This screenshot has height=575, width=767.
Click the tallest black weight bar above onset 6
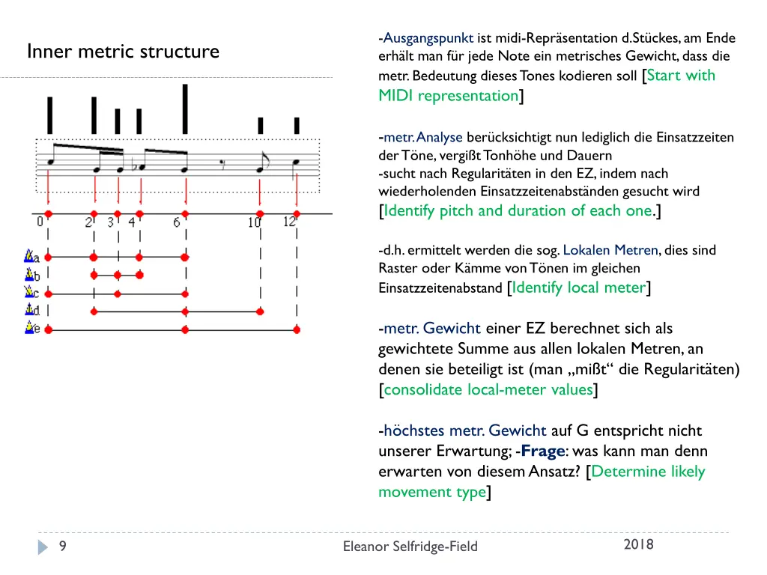click(185, 109)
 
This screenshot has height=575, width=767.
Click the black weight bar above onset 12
click(297, 125)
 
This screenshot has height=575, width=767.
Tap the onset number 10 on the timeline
click(255, 222)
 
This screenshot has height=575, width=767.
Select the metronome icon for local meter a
click(31, 257)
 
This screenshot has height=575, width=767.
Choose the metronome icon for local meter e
click(31, 328)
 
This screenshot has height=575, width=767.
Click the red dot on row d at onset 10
click(260, 311)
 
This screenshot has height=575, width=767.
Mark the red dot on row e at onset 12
click(297, 329)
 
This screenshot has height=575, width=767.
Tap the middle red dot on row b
click(118, 275)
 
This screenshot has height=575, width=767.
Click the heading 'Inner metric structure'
click(123, 52)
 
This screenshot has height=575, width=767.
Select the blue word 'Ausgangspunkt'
click(428, 38)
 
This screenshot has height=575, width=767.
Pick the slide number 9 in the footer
click(63, 547)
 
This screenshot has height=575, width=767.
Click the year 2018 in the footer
click(638, 544)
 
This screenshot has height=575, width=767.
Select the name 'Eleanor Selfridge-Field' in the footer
click(410, 547)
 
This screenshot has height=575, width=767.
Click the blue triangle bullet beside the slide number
click(43, 547)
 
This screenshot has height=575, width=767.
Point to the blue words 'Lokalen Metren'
click(610, 250)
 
